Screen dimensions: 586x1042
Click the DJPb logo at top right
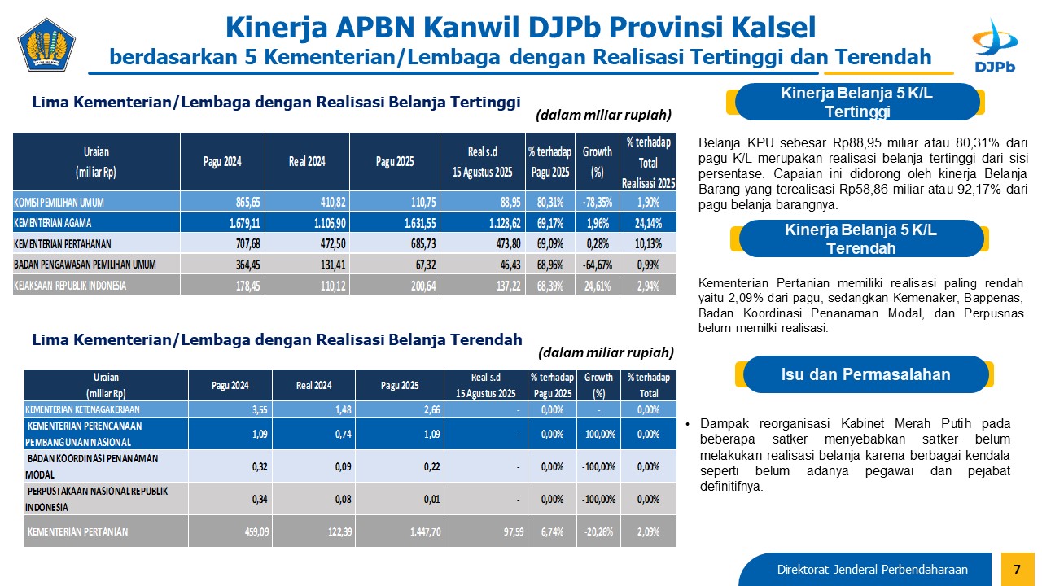pos(993,46)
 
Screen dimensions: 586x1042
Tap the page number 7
pos(1016,567)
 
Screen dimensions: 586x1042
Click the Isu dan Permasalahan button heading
pos(865,375)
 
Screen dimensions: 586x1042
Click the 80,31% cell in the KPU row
pos(547,201)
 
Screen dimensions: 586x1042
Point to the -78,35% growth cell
pos(598,201)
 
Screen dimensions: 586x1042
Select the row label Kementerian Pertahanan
pos(74,243)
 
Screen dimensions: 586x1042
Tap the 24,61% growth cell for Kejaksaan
pos(598,286)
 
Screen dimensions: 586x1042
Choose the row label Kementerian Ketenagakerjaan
pos(82,409)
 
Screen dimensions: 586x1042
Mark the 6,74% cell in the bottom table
pos(552,531)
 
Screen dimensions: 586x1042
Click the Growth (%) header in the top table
pos(598,160)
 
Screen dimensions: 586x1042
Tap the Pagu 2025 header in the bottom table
pos(400,385)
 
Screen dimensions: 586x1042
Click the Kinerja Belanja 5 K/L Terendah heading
pos(860,239)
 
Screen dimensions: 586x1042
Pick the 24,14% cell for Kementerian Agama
pos(649,222)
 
